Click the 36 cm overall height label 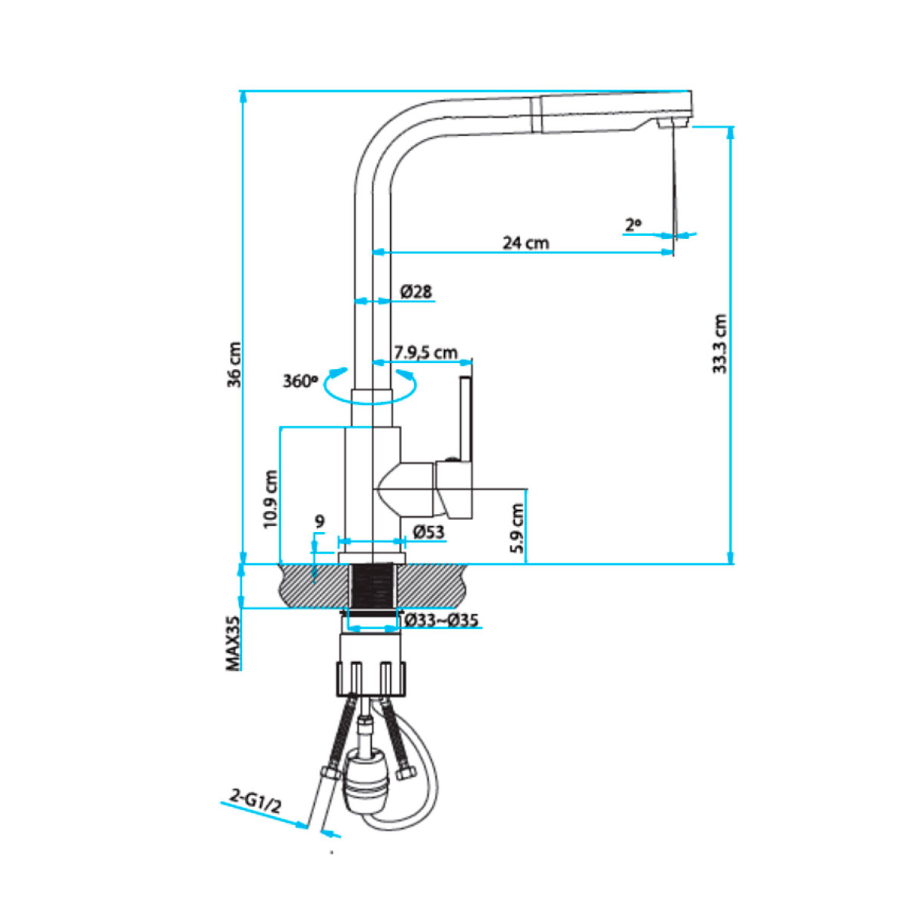(234, 365)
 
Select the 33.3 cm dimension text (719, 344)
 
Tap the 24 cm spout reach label (526, 243)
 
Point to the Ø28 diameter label (416, 291)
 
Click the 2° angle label (633, 225)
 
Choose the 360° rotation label (300, 381)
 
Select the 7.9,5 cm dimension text (426, 352)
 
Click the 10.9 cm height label (270, 499)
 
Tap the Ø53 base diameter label (429, 532)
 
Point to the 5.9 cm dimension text (517, 528)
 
